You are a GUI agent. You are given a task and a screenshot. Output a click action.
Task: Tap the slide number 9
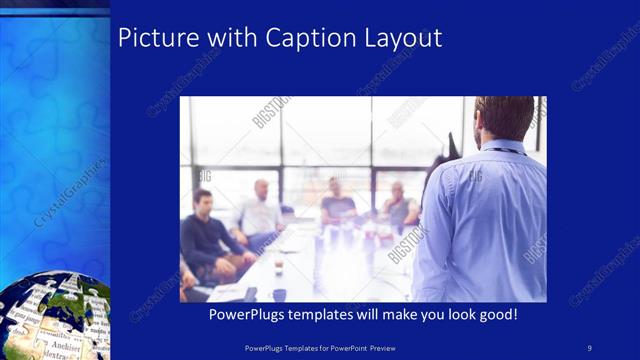tap(589, 348)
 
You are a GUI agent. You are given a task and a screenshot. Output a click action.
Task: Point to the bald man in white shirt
tap(259, 210)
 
